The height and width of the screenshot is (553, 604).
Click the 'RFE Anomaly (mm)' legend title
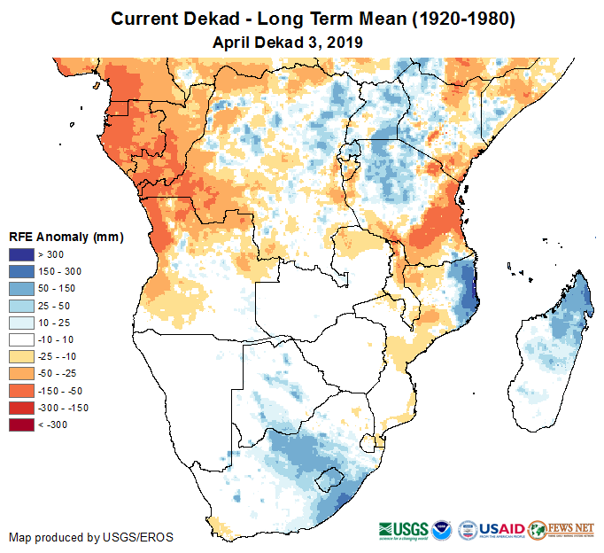66,237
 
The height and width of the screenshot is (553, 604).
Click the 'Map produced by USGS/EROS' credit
91,537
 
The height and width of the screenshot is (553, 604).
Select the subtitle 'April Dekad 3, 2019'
288,42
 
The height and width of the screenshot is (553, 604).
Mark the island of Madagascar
549,346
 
